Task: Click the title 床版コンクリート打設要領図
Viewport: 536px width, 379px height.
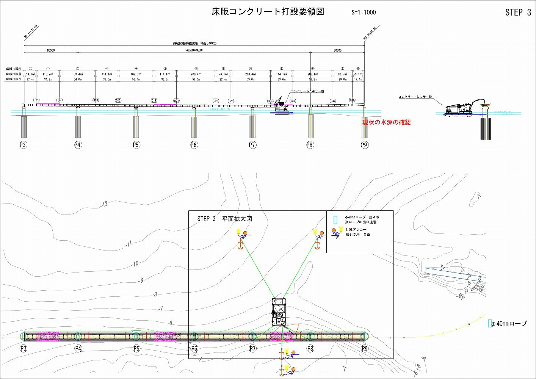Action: pyautogui.click(x=268, y=12)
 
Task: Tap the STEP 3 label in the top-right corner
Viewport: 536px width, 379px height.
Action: pyautogui.click(x=518, y=13)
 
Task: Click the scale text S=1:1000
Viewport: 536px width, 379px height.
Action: pyautogui.click(x=364, y=12)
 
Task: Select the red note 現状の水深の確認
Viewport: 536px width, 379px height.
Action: pyautogui.click(x=386, y=122)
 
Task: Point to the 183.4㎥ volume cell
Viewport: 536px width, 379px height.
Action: pyautogui.click(x=77, y=74)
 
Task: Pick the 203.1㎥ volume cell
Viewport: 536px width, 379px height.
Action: pyautogui.click(x=313, y=74)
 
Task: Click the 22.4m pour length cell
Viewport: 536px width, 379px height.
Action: pyautogui.click(x=223, y=79)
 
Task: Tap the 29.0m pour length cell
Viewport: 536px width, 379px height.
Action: pyautogui.click(x=342, y=79)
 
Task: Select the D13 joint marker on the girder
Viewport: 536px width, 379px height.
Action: pyautogui.click(x=118, y=100)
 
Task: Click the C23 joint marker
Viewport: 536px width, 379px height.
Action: pyautogui.click(x=216, y=101)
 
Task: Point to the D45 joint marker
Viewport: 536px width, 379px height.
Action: pyautogui.click(x=352, y=100)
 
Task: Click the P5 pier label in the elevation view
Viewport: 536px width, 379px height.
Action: pyautogui.click(x=136, y=145)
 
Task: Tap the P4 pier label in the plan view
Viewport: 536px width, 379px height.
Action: pyautogui.click(x=78, y=348)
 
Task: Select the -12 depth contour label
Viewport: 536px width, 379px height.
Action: pyautogui.click(x=104, y=204)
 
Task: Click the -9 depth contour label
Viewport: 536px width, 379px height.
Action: pyautogui.click(x=141, y=280)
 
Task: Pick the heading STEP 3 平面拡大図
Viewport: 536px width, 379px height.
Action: pyautogui.click(x=224, y=219)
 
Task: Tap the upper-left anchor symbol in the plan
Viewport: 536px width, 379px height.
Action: pyautogui.click(x=240, y=245)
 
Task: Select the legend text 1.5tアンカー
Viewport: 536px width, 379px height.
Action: pyautogui.click(x=356, y=230)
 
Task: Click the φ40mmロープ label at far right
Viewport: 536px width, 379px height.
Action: pyautogui.click(x=509, y=323)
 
